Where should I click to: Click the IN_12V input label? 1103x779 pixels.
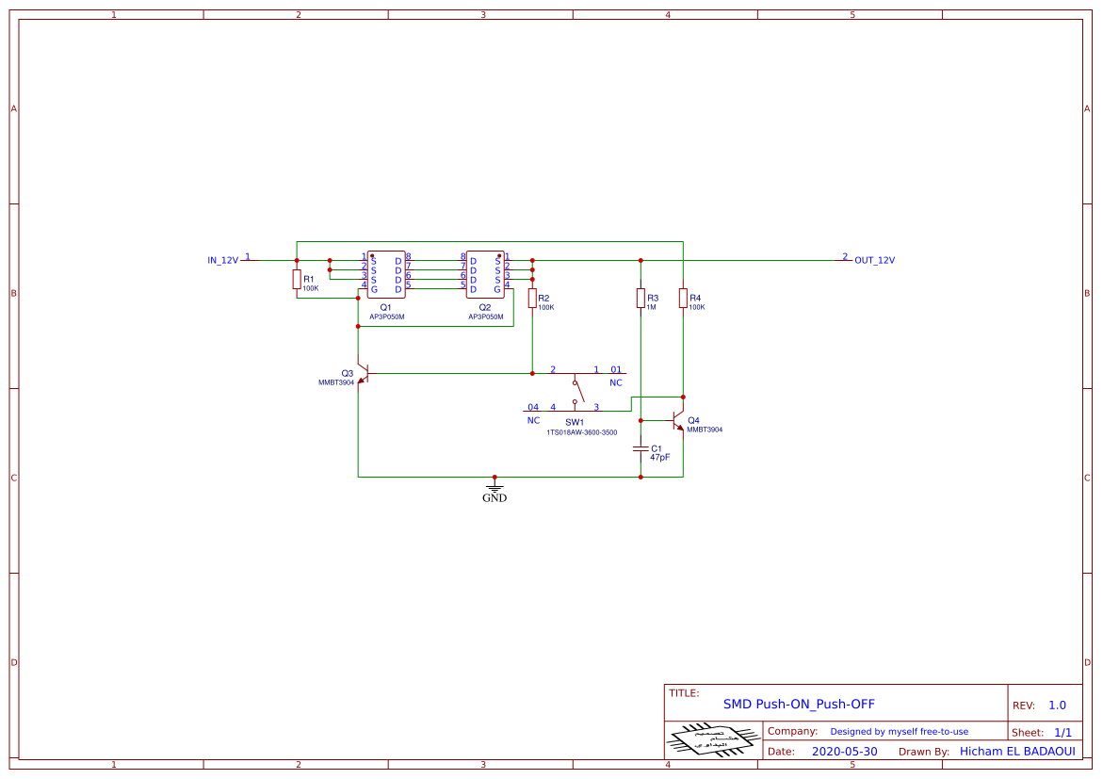coord(223,260)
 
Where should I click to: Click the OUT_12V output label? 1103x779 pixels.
coord(874,260)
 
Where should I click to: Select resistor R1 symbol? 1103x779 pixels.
coord(297,279)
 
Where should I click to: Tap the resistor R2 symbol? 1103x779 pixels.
coord(532,298)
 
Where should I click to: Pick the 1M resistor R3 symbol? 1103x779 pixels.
coord(641,298)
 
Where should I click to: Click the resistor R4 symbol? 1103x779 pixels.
coord(683,298)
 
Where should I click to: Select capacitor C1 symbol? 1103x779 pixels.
coord(641,449)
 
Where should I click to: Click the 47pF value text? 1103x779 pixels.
coord(659,457)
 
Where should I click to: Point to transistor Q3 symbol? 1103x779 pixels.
coord(362,374)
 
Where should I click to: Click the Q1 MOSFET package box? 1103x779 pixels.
coord(386,274)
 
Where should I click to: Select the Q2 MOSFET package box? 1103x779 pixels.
coord(485,274)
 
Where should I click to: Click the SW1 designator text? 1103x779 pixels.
coord(575,422)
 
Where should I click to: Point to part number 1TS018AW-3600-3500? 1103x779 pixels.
coord(581,432)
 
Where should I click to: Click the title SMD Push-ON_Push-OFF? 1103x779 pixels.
coord(799,704)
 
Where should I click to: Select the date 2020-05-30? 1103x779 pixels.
coord(844,752)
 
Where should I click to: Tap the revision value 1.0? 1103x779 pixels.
coord(1057,705)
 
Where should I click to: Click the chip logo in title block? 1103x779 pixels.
coord(713,739)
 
